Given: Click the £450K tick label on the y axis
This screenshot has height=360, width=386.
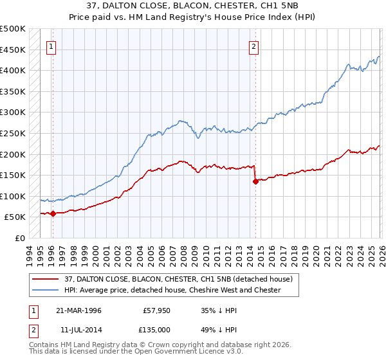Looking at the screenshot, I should [13, 50].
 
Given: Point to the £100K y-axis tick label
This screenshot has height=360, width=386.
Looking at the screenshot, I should [13, 196].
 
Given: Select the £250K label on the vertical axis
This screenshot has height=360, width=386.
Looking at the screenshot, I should [13, 133].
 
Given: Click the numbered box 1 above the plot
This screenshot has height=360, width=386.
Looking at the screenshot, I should [51, 46].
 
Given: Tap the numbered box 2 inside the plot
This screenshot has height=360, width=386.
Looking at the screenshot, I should [254, 46].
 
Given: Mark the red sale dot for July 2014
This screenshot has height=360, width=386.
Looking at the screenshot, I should [255, 181].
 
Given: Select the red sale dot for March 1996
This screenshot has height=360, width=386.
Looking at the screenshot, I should [53, 214].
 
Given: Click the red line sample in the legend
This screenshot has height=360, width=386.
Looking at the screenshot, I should [47, 279].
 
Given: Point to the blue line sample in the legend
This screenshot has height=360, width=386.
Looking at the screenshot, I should [47, 290].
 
